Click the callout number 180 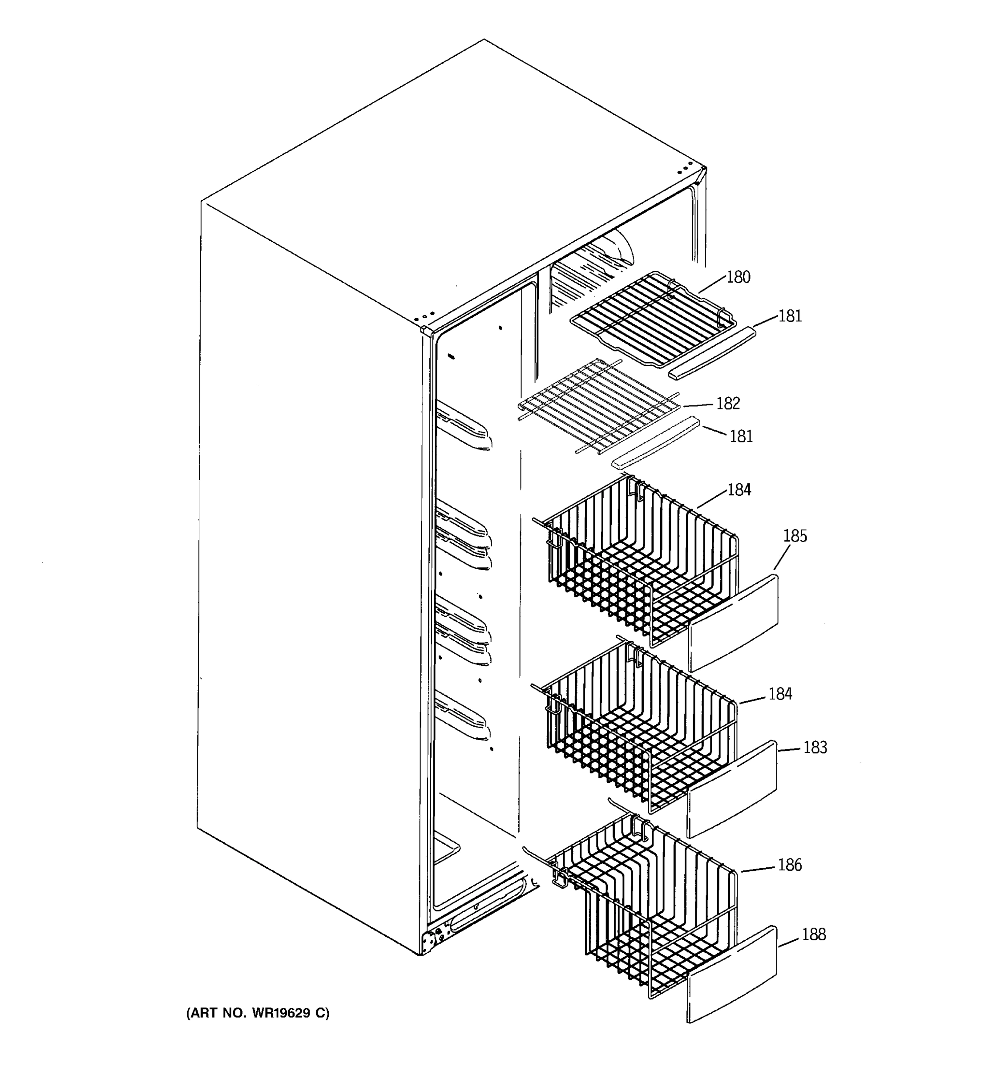coord(738,277)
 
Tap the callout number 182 coord(728,404)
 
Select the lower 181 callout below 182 coord(741,436)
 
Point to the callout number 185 coord(794,536)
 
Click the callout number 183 coord(815,747)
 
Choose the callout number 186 coord(789,865)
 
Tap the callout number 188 coord(813,935)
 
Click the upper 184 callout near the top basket coord(739,490)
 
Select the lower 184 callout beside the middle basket coord(780,694)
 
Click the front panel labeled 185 coord(734,623)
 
